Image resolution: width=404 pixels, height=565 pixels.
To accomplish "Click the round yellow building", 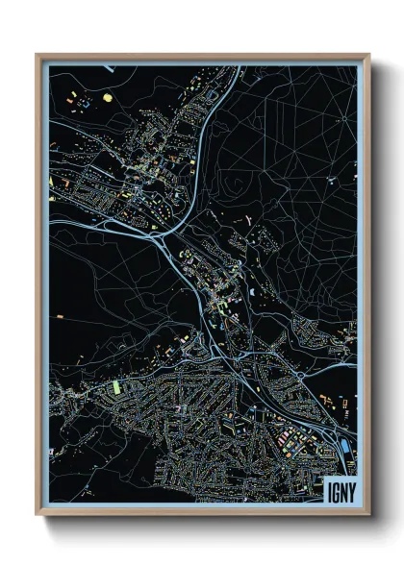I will click(x=107, y=97).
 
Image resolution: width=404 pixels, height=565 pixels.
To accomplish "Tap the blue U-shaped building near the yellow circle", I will click(x=82, y=99).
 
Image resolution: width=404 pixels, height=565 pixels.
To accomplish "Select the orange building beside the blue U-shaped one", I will click(x=70, y=96).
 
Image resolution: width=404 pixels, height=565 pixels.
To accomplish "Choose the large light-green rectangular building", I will click(x=117, y=386).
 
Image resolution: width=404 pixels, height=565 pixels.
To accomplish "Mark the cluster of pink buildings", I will click(x=286, y=438).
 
